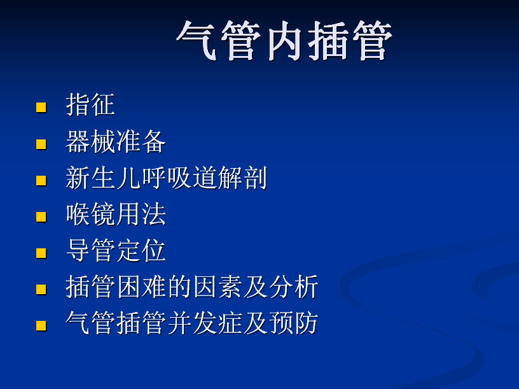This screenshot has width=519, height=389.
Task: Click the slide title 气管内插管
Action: tap(284, 40)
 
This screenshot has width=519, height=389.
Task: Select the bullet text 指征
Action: tap(90, 104)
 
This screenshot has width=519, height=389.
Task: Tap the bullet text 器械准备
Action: tap(116, 141)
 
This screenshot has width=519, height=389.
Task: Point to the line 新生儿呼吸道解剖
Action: tap(166, 178)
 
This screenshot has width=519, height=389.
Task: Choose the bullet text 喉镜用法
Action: tap(116, 214)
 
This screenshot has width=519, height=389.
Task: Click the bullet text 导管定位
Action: tap(116, 250)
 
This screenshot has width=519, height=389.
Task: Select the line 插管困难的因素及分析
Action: tap(192, 287)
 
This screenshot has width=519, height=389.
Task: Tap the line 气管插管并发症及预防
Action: tap(192, 323)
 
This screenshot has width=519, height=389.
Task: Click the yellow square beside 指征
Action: tap(41, 108)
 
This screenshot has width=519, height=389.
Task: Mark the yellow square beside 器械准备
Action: tap(41, 144)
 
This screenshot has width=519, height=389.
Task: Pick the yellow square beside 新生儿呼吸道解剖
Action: tap(41, 181)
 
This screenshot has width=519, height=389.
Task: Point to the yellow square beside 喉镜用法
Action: tap(41, 216)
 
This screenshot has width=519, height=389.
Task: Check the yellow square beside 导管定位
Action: tap(41, 253)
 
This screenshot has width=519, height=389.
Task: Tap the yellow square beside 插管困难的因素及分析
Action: tap(41, 289)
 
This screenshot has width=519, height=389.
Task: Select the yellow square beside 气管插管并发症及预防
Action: tap(41, 326)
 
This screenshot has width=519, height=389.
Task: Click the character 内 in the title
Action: tap(284, 41)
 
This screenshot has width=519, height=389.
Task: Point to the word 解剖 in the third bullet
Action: tap(242, 178)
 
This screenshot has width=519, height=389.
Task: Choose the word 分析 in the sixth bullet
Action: tap(294, 287)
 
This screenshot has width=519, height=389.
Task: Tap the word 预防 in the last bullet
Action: tap(294, 323)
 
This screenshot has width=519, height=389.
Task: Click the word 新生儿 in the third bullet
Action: tap(103, 178)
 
